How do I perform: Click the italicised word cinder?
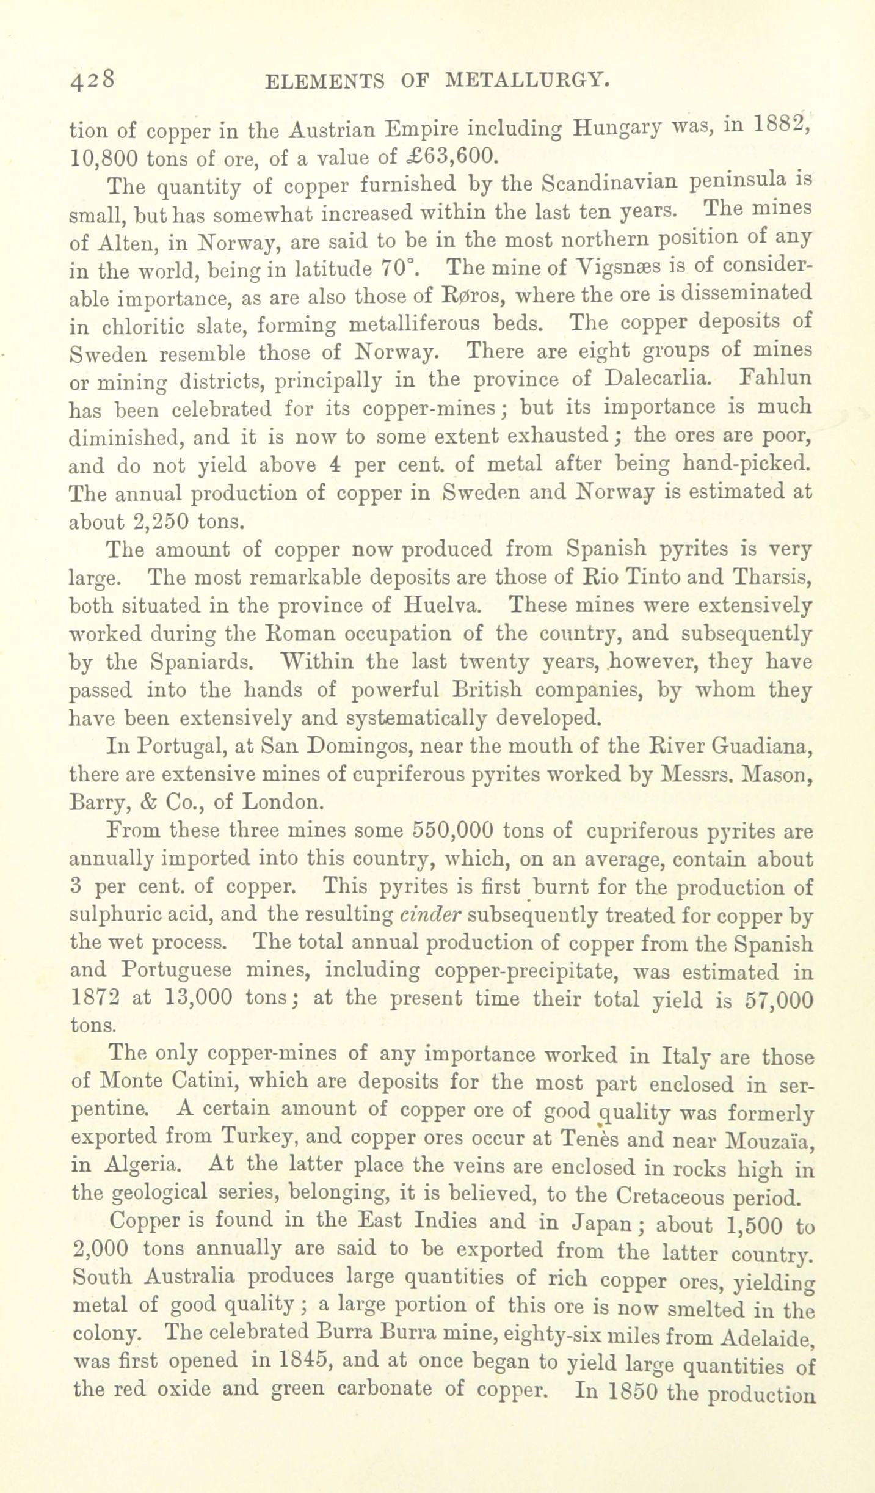pos(430,915)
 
